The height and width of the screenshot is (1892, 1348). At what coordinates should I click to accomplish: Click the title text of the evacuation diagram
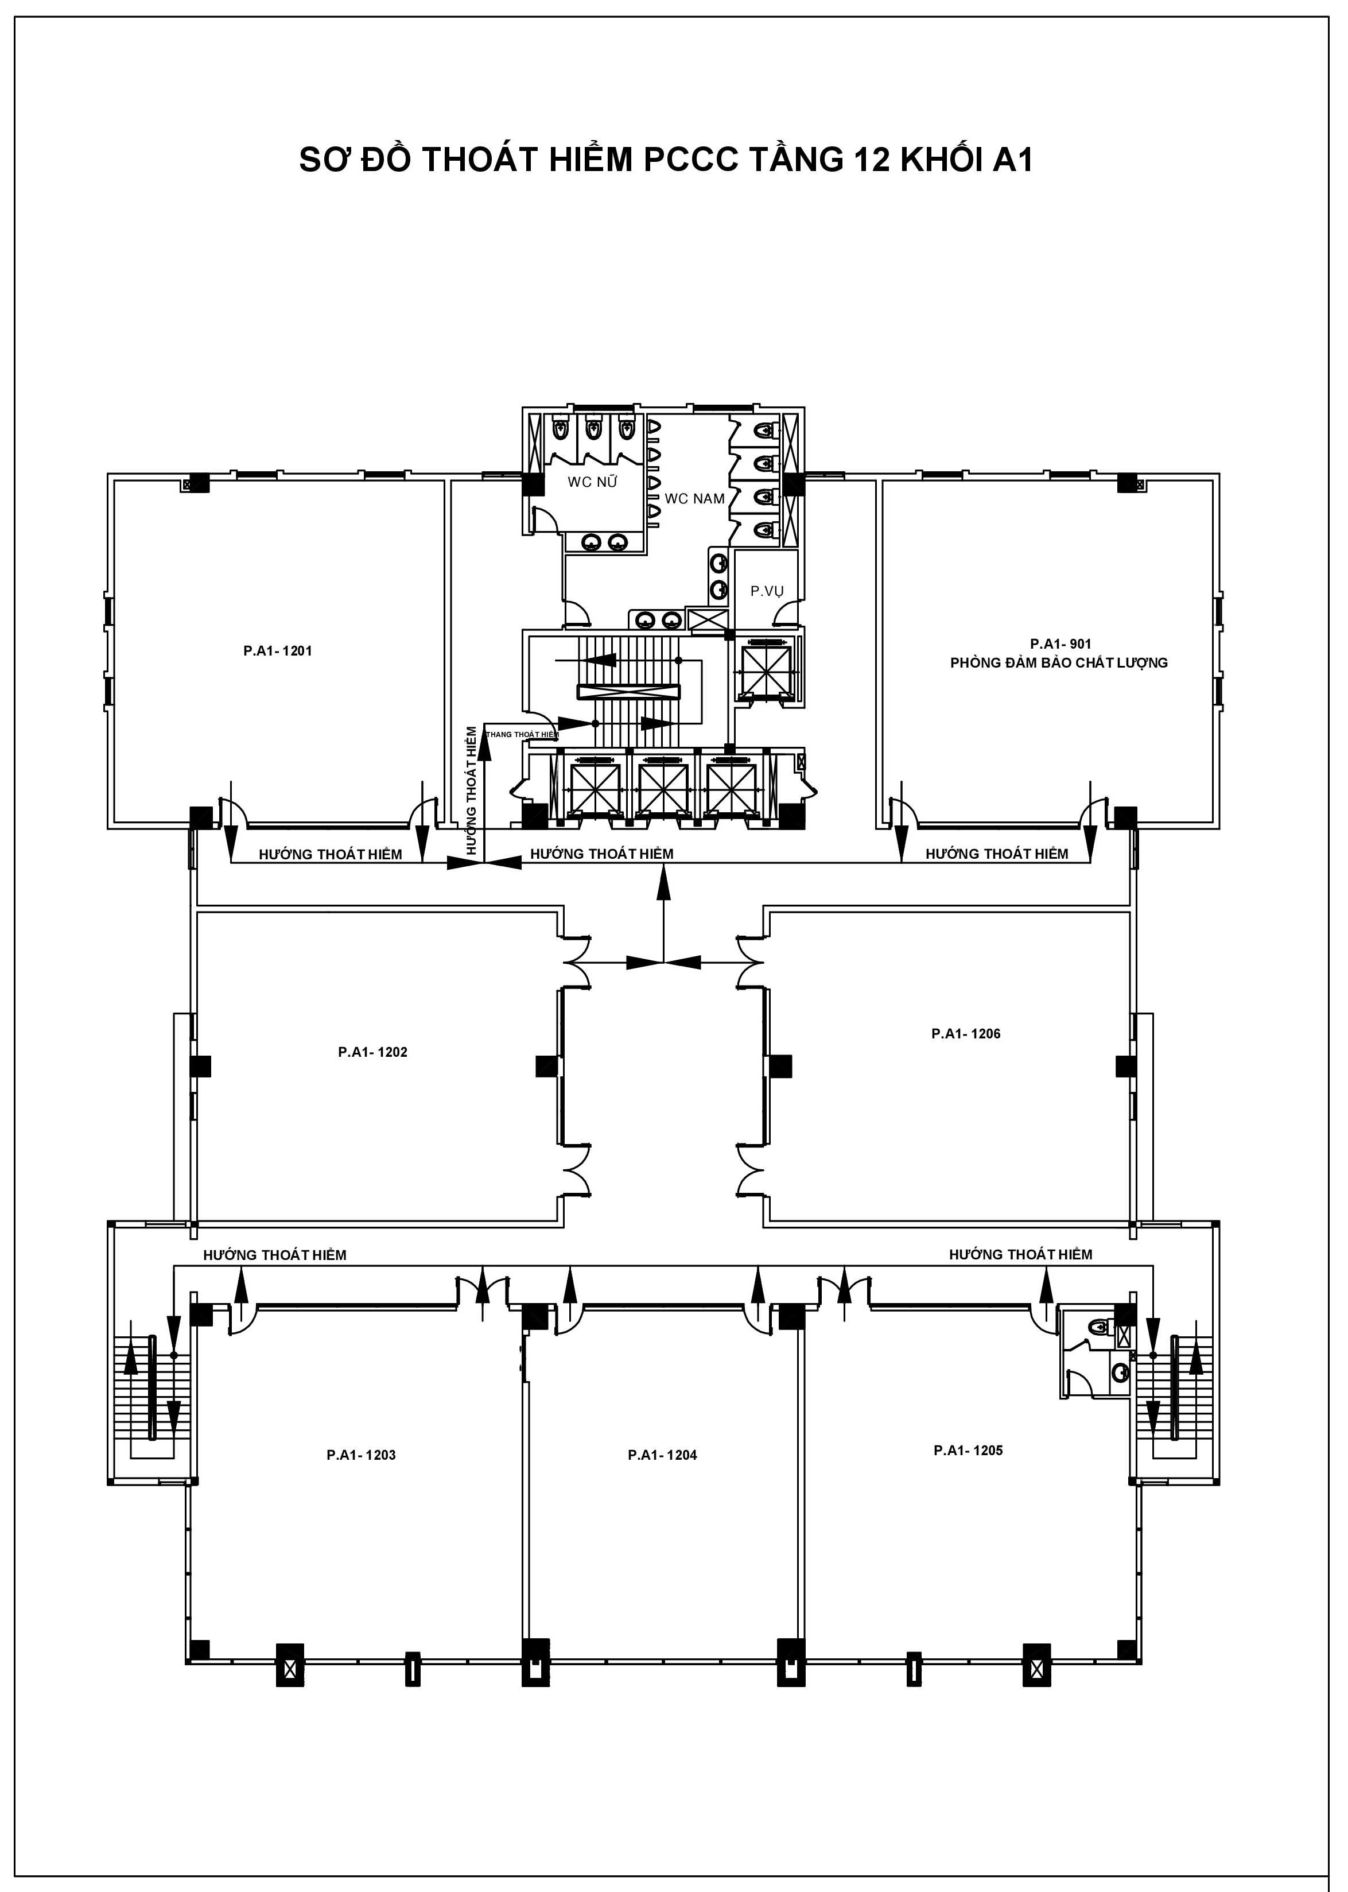tap(666, 160)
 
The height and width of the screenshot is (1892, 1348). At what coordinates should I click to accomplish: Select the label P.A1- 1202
tap(372, 1052)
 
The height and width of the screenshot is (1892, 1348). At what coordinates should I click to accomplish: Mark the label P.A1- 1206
tap(966, 1034)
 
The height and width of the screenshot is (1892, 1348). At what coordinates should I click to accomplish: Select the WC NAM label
tap(695, 499)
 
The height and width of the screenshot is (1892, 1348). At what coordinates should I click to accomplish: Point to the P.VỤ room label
tap(767, 592)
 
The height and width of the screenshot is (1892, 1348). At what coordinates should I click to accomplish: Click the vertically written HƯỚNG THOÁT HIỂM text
tap(472, 791)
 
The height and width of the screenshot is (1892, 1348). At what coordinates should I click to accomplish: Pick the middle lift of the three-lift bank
tap(662, 786)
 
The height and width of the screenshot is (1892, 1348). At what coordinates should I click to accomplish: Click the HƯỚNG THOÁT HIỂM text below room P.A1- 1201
tap(331, 854)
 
